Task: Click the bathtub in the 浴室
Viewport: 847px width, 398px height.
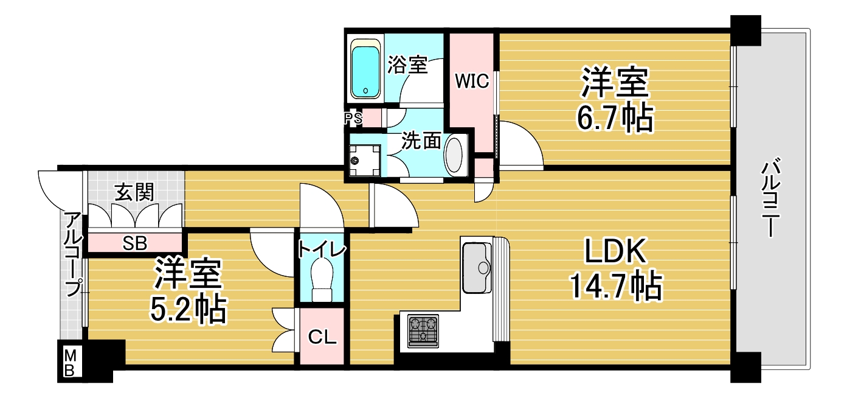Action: [365, 70]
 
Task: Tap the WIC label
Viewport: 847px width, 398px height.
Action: [472, 82]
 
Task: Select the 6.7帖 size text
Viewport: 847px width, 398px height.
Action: [614, 119]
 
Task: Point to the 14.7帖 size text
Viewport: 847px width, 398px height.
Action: [615, 286]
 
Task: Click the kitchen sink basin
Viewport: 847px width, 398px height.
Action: [477, 268]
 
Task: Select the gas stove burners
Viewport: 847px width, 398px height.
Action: [423, 330]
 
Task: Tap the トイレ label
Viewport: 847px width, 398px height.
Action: [321, 250]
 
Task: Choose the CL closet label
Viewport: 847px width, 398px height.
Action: [322, 337]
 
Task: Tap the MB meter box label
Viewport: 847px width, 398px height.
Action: [69, 363]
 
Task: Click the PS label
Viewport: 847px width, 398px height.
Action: [353, 118]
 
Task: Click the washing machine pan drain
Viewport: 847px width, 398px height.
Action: [355, 161]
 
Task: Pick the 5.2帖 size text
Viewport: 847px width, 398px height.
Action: [188, 309]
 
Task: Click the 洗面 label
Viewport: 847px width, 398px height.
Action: [421, 141]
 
